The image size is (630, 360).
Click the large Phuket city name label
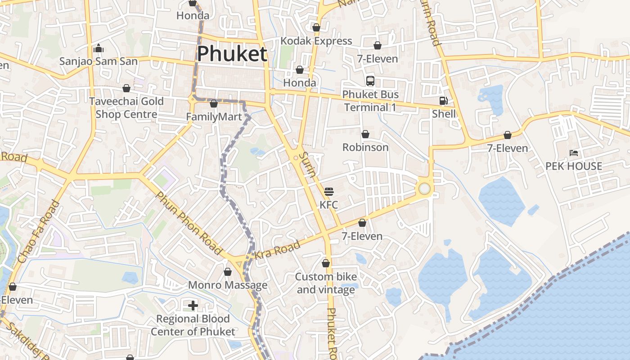point(232,54)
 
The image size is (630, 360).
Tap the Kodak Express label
point(316,41)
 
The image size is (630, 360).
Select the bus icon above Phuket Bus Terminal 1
point(370,81)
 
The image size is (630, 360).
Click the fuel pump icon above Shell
point(443,101)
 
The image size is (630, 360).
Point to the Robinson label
point(365,147)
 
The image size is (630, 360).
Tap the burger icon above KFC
point(328,191)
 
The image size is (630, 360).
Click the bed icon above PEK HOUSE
point(574,153)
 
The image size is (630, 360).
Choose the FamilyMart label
point(214,117)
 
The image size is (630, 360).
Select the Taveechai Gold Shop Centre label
point(126,108)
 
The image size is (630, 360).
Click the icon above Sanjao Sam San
point(99,48)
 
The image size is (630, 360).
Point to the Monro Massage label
point(227,285)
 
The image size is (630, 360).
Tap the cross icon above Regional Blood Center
point(193,306)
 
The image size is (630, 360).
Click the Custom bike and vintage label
point(325,283)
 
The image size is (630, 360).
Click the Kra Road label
point(277,250)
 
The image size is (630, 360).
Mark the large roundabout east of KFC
point(424,189)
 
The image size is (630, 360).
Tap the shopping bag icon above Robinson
point(365,134)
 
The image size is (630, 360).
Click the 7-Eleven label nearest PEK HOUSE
point(507,148)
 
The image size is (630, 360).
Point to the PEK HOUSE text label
point(573,166)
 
